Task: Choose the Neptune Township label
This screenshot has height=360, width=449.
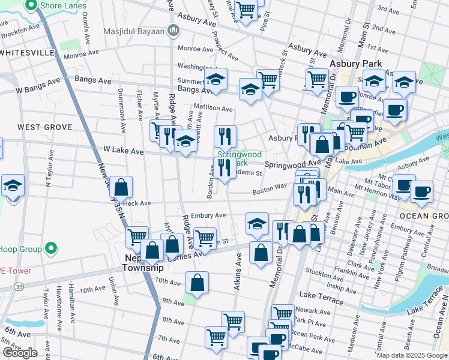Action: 144,262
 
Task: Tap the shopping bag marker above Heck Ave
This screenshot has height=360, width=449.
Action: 121,187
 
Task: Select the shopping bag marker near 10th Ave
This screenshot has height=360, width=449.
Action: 197,282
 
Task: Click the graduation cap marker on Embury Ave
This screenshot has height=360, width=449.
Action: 257,223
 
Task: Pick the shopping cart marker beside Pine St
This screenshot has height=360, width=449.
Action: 246,10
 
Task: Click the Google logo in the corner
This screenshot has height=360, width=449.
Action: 20,353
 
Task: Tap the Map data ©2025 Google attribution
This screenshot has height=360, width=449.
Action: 411,355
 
